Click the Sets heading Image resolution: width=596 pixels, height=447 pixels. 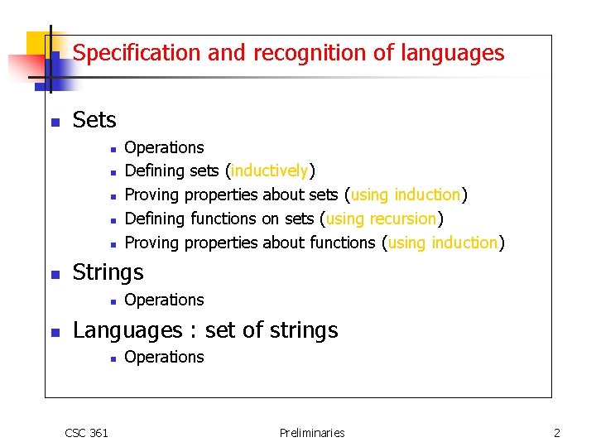(x=94, y=121)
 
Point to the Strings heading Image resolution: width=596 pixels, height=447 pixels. (x=108, y=272)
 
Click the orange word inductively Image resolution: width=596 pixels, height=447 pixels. (x=270, y=171)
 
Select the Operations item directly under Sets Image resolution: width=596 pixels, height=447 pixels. (x=164, y=147)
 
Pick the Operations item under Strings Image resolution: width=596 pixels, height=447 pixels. (x=164, y=300)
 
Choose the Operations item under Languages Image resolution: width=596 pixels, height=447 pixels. (x=164, y=357)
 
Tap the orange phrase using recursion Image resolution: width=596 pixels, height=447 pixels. (x=381, y=219)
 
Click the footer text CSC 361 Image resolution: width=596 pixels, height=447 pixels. (x=86, y=432)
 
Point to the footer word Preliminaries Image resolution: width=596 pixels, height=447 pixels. (x=312, y=432)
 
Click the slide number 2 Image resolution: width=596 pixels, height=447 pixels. (x=557, y=432)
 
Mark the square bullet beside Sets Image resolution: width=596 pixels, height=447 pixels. (x=55, y=123)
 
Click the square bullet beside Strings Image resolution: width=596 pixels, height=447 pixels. (x=55, y=274)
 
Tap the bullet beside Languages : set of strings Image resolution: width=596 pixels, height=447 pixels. (x=55, y=332)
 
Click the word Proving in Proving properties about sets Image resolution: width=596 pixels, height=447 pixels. (x=151, y=195)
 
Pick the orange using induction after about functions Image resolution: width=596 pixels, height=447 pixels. (x=443, y=243)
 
